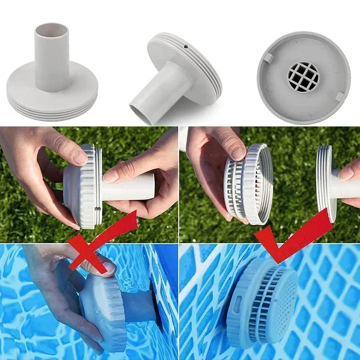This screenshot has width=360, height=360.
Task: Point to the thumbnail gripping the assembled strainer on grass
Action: click(x=80, y=157)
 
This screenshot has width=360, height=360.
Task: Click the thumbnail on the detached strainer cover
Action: click(x=238, y=153)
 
